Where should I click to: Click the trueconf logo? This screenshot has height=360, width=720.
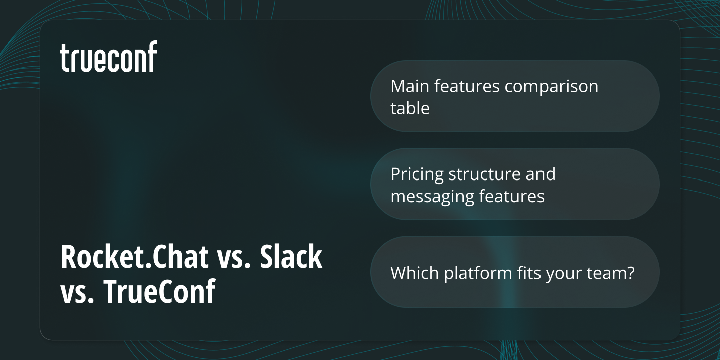pyautogui.click(x=109, y=57)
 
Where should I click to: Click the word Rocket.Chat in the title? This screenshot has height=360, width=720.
pyautogui.click(x=134, y=257)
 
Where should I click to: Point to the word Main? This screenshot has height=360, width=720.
pyautogui.click(x=410, y=86)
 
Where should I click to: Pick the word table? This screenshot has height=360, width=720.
pyautogui.click(x=410, y=108)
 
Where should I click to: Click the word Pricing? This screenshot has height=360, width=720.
pyautogui.click(x=417, y=174)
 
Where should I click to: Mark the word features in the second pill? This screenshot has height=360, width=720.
pyautogui.click(x=513, y=196)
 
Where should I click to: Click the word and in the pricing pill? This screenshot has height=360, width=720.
pyautogui.click(x=541, y=174)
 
